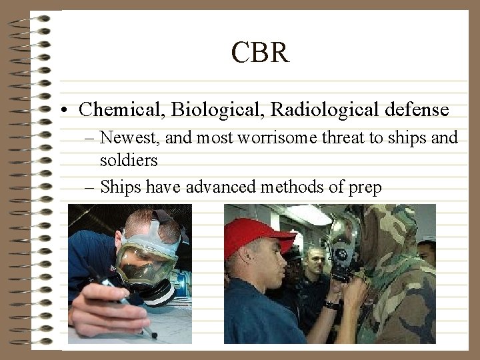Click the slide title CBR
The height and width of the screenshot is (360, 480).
(260, 52)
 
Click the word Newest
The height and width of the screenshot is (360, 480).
(127, 138)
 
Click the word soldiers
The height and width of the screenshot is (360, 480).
(129, 161)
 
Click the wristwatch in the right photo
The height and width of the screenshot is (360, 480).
(331, 305)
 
